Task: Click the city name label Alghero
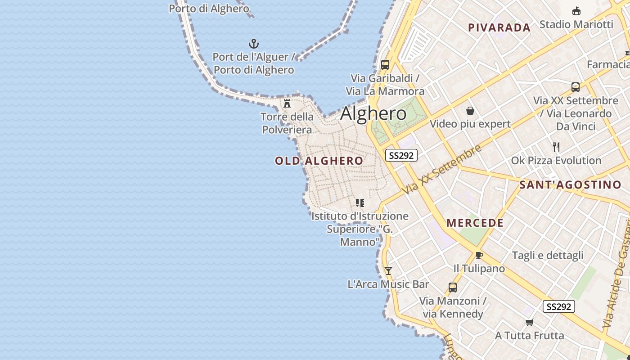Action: pos(373,113)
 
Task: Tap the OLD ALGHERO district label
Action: pos(319,161)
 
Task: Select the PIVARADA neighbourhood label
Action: pos(499,27)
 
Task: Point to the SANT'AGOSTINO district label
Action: pos(570,184)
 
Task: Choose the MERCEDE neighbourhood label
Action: pos(475,223)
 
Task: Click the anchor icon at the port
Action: pos(254,44)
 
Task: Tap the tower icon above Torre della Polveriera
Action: pos(287,103)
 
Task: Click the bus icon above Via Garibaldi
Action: pos(385,64)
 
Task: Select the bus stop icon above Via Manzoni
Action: pos(453,287)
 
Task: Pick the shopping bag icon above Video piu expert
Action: pos(470,111)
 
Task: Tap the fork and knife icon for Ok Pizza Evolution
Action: pos(556,147)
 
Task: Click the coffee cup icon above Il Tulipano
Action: pos(479,256)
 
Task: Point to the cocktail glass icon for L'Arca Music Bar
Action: pos(388,270)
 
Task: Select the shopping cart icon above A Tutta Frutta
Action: pos(530,322)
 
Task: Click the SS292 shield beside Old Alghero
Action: pos(401,155)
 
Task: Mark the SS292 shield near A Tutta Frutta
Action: pos(559,307)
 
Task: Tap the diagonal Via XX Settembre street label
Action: pos(442,169)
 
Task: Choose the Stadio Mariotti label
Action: pos(576,24)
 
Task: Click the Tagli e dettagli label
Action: pos(548,256)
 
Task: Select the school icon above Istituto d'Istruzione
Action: pos(360,203)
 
